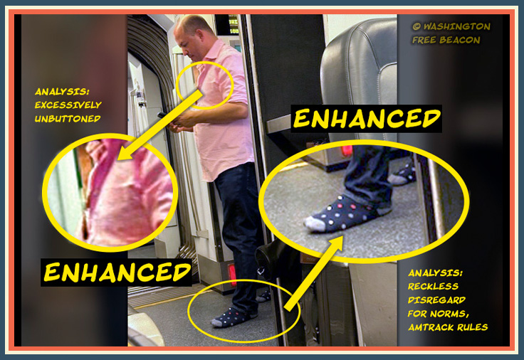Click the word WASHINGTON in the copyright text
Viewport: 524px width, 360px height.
(x=457, y=26)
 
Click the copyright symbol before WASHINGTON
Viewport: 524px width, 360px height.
(x=416, y=26)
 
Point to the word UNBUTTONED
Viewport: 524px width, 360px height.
(x=68, y=119)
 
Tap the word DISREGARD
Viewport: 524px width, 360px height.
(x=436, y=300)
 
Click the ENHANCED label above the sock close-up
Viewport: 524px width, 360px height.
(x=366, y=119)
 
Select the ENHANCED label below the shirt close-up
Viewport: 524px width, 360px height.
(x=116, y=272)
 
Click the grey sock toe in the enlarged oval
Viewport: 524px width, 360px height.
(x=315, y=223)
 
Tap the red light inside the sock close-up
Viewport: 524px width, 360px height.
(x=347, y=151)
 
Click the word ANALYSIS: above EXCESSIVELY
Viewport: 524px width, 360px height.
(x=62, y=91)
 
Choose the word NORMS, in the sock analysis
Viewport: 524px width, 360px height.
(x=449, y=314)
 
